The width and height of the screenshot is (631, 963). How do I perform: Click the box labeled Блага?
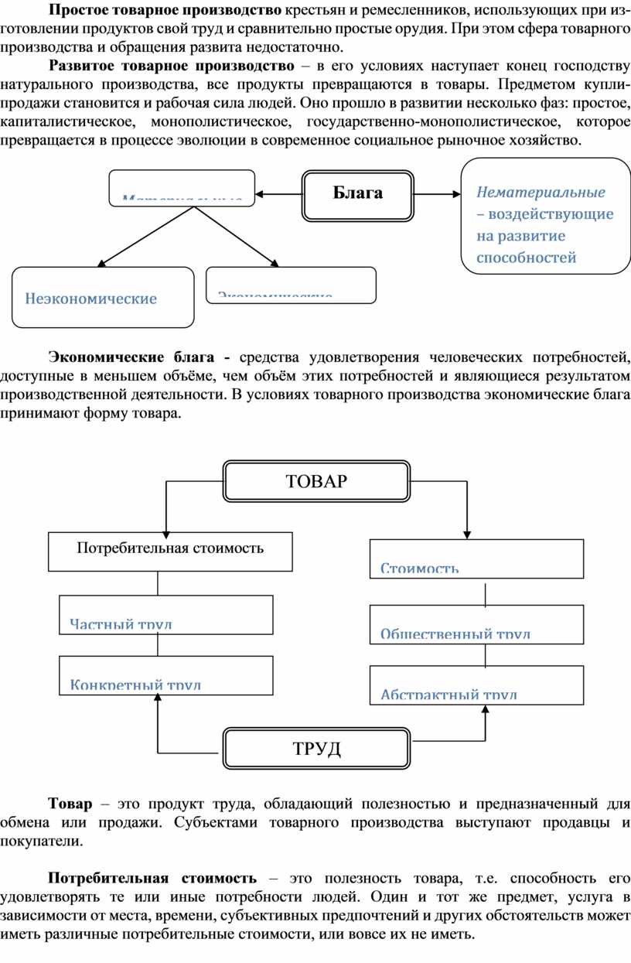pyautogui.click(x=357, y=193)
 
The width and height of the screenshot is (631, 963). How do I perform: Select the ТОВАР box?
pyautogui.click(x=316, y=481)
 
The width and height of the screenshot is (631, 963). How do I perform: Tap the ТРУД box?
pyautogui.click(x=316, y=748)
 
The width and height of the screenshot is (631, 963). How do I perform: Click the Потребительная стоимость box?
pyautogui.click(x=170, y=551)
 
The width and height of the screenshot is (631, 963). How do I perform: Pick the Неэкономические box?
pyautogui.click(x=103, y=298)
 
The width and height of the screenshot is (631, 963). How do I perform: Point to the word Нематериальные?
pyautogui.click(x=541, y=191)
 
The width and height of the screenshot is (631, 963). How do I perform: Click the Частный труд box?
pyautogui.click(x=166, y=615)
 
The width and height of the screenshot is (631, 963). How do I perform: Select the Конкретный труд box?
pyautogui.click(x=166, y=675)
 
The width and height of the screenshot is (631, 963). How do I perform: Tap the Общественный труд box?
pyautogui.click(x=476, y=624)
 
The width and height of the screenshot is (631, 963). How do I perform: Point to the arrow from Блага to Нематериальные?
pyautogui.click(x=437, y=194)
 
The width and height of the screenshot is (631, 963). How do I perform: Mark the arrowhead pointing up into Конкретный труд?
pyautogui.click(x=158, y=698)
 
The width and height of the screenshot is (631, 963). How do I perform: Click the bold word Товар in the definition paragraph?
pyautogui.click(x=70, y=804)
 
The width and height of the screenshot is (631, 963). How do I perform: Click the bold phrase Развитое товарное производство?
pyautogui.click(x=171, y=64)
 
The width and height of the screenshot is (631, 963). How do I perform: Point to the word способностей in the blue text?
pyautogui.click(x=526, y=258)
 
